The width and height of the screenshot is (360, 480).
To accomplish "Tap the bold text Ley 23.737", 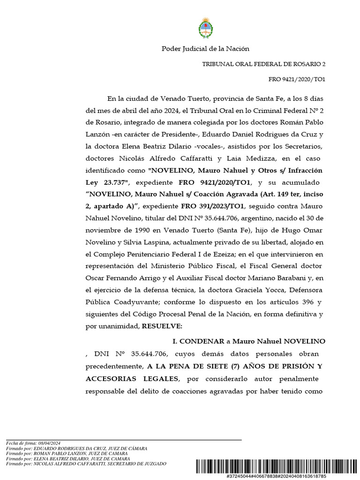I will pyautogui.click(x=105, y=182).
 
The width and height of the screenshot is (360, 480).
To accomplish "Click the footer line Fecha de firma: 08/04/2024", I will pyautogui.click(x=33, y=443).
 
